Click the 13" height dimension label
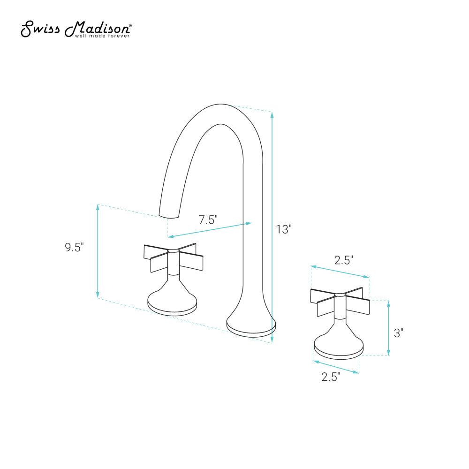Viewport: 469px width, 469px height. (x=284, y=229)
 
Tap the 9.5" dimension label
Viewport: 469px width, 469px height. (x=74, y=247)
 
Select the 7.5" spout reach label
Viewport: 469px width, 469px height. (x=208, y=219)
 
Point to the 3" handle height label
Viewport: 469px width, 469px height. (x=399, y=333)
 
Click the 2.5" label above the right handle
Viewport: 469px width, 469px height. (x=343, y=260)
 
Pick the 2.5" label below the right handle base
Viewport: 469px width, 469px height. (x=331, y=377)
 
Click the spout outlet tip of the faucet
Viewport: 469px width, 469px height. (x=169, y=216)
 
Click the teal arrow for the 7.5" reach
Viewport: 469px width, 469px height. (x=210, y=230)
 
